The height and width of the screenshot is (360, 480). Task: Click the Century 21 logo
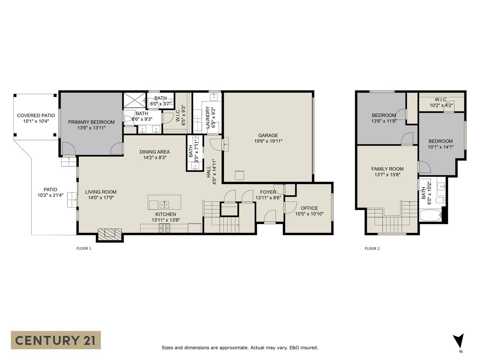[x=56, y=340]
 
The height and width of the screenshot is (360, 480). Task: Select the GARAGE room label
[x=268, y=135]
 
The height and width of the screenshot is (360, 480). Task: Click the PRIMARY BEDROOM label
[x=91, y=122]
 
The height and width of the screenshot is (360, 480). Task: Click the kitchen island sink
[x=164, y=204]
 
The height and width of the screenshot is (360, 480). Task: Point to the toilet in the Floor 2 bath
[x=442, y=201]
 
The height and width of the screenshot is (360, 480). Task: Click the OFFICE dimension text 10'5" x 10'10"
[x=309, y=214]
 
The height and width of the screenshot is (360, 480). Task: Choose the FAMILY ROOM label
[x=387, y=169]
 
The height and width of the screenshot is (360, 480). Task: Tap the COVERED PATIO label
[x=36, y=116]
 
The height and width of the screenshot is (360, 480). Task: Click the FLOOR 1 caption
[x=84, y=248]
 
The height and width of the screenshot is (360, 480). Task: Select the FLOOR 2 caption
[x=372, y=248]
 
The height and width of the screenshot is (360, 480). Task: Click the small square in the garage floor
[x=239, y=175]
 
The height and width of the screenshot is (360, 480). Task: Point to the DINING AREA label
[x=155, y=152]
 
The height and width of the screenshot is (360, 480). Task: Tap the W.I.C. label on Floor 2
[x=441, y=100]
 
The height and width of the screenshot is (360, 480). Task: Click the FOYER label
[x=268, y=192]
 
